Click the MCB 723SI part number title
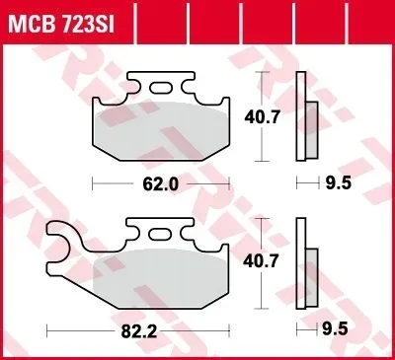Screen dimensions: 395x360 (61, 23)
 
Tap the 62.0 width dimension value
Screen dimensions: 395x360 (161, 184)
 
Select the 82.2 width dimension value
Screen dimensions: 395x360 (139, 332)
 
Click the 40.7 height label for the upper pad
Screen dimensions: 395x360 (262, 117)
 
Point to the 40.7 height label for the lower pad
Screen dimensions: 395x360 (261, 261)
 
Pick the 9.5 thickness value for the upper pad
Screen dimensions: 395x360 (339, 182)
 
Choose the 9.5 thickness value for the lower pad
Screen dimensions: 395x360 (335, 329)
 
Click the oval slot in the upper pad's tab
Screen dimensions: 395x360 (161, 88)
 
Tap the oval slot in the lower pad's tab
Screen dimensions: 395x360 (160, 234)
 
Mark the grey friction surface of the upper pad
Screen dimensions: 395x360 (161, 131)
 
